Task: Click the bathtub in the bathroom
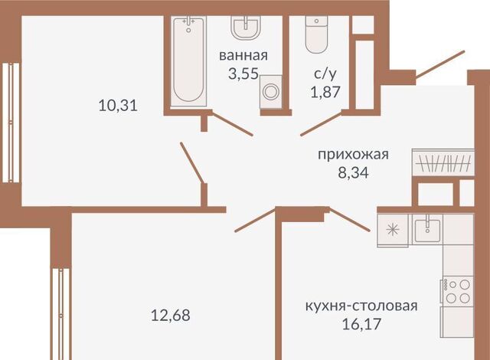click(x=188, y=61)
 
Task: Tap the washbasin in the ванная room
click(x=246, y=28)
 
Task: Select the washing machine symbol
click(x=270, y=92)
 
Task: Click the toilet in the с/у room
click(x=316, y=34)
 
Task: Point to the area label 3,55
click(x=243, y=74)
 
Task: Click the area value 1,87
click(x=325, y=92)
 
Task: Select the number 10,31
click(x=118, y=106)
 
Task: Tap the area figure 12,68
click(x=170, y=315)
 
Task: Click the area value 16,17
click(x=361, y=324)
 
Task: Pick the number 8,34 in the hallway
click(x=353, y=172)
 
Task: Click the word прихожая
click(x=353, y=155)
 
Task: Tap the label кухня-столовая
click(x=361, y=306)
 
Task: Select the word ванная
click(x=243, y=56)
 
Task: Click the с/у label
click(x=325, y=74)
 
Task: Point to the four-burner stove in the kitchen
click(x=457, y=290)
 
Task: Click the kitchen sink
click(x=427, y=229)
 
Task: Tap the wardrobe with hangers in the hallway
click(x=443, y=162)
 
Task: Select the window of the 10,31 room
click(x=11, y=123)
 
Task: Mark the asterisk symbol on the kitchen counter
click(x=393, y=230)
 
